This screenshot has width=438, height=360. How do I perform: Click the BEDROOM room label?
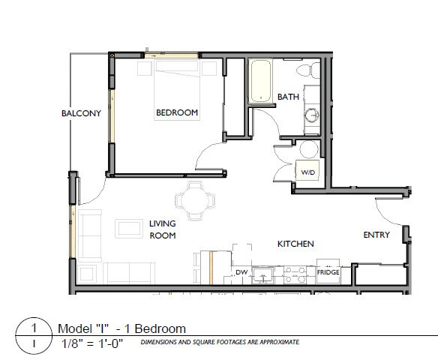click(177, 113)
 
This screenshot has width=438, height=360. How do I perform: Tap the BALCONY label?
click(81, 114)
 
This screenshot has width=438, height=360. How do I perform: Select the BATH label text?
click(288, 97)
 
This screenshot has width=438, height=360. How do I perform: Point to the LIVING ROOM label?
click(162, 229)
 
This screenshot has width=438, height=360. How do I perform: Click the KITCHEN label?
click(295, 244)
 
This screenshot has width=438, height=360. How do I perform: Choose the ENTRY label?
click(376, 235)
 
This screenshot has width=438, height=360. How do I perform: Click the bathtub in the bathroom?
click(261, 82)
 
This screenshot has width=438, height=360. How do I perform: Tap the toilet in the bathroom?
click(305, 70)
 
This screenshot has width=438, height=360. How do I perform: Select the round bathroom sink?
click(312, 117)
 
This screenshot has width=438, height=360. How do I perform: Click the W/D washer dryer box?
click(308, 172)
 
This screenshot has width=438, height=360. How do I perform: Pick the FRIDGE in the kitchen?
click(328, 273)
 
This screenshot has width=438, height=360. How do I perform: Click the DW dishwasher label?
click(241, 272)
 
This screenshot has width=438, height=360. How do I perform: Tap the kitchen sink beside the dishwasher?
click(263, 274)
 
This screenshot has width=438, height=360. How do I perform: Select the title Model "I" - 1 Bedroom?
click(121, 328)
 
